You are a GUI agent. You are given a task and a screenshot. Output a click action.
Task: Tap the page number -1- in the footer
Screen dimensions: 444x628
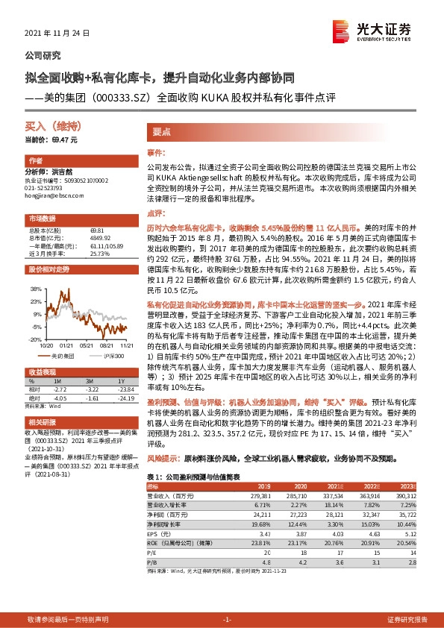point(228,620)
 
